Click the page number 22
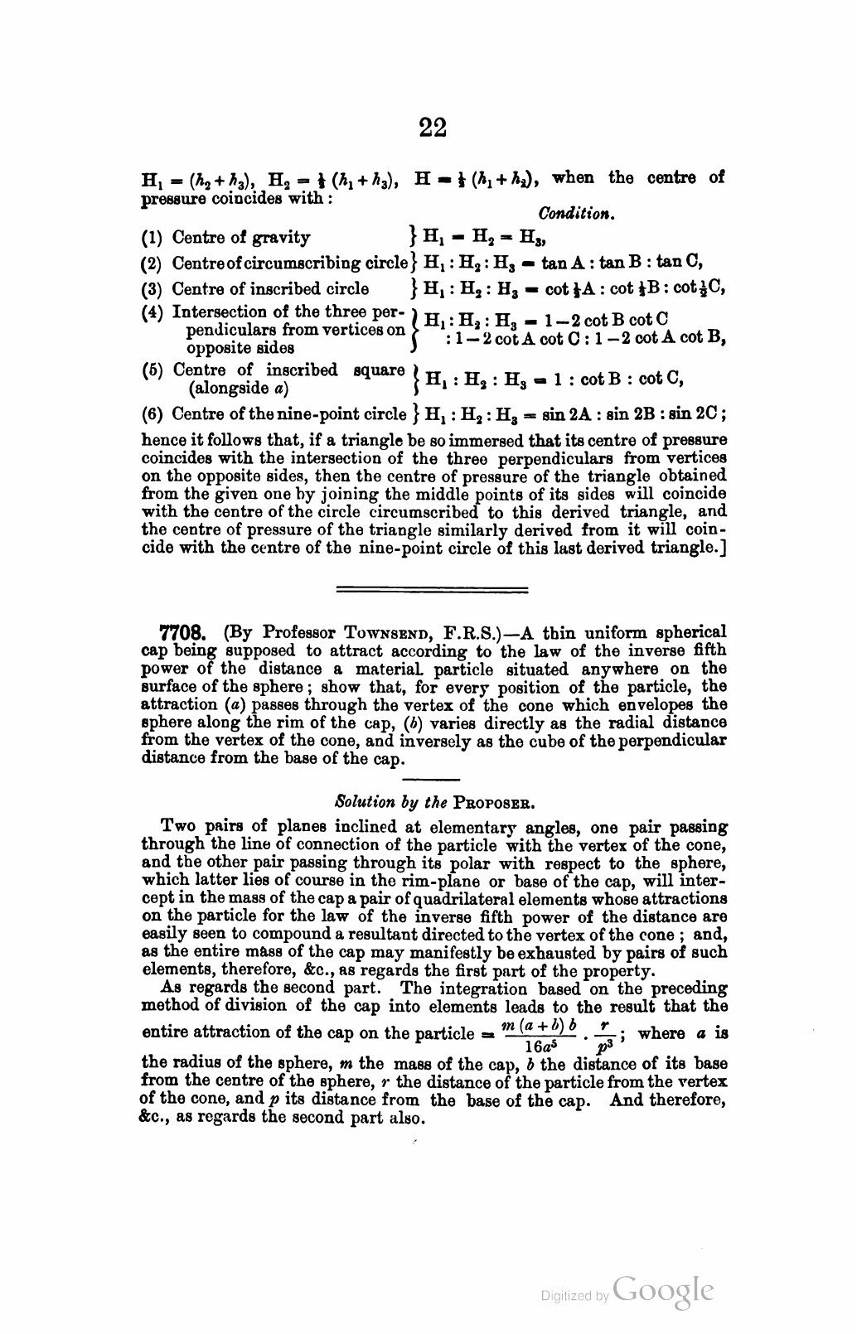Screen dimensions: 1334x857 (x=433, y=128)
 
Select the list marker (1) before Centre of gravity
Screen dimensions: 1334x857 (x=153, y=239)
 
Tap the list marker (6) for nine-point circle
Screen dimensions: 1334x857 (x=153, y=413)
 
